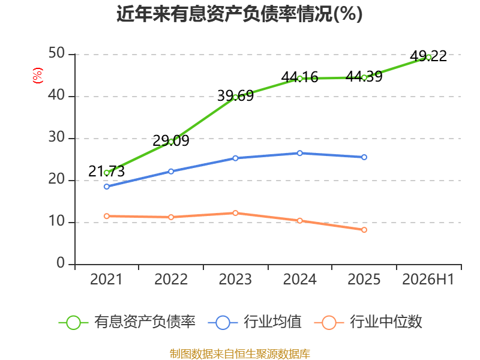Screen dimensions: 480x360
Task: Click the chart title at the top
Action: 239,14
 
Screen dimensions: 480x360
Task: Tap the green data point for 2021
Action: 107,173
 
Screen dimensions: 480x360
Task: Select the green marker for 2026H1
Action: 428,57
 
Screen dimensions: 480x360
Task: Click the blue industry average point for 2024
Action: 299,153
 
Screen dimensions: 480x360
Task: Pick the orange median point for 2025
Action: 364,230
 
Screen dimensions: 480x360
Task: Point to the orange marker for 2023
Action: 235,213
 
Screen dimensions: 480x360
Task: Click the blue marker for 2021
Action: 107,187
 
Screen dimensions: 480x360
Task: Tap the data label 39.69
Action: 235,96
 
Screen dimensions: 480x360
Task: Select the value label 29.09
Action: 171,140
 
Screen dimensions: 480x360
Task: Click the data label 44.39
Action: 364,76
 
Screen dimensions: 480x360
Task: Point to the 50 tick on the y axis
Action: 56,53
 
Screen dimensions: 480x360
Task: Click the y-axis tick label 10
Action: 56,221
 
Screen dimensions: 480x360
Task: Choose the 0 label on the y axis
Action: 61,263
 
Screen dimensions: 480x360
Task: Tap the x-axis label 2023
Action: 235,279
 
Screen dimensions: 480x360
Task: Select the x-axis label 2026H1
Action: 428,279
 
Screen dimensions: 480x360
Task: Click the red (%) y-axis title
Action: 38,76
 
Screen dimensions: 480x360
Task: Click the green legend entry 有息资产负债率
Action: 127,322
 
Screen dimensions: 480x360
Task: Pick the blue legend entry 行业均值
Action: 254,322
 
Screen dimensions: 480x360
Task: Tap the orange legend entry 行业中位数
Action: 368,322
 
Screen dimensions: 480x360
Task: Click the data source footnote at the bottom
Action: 240,353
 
